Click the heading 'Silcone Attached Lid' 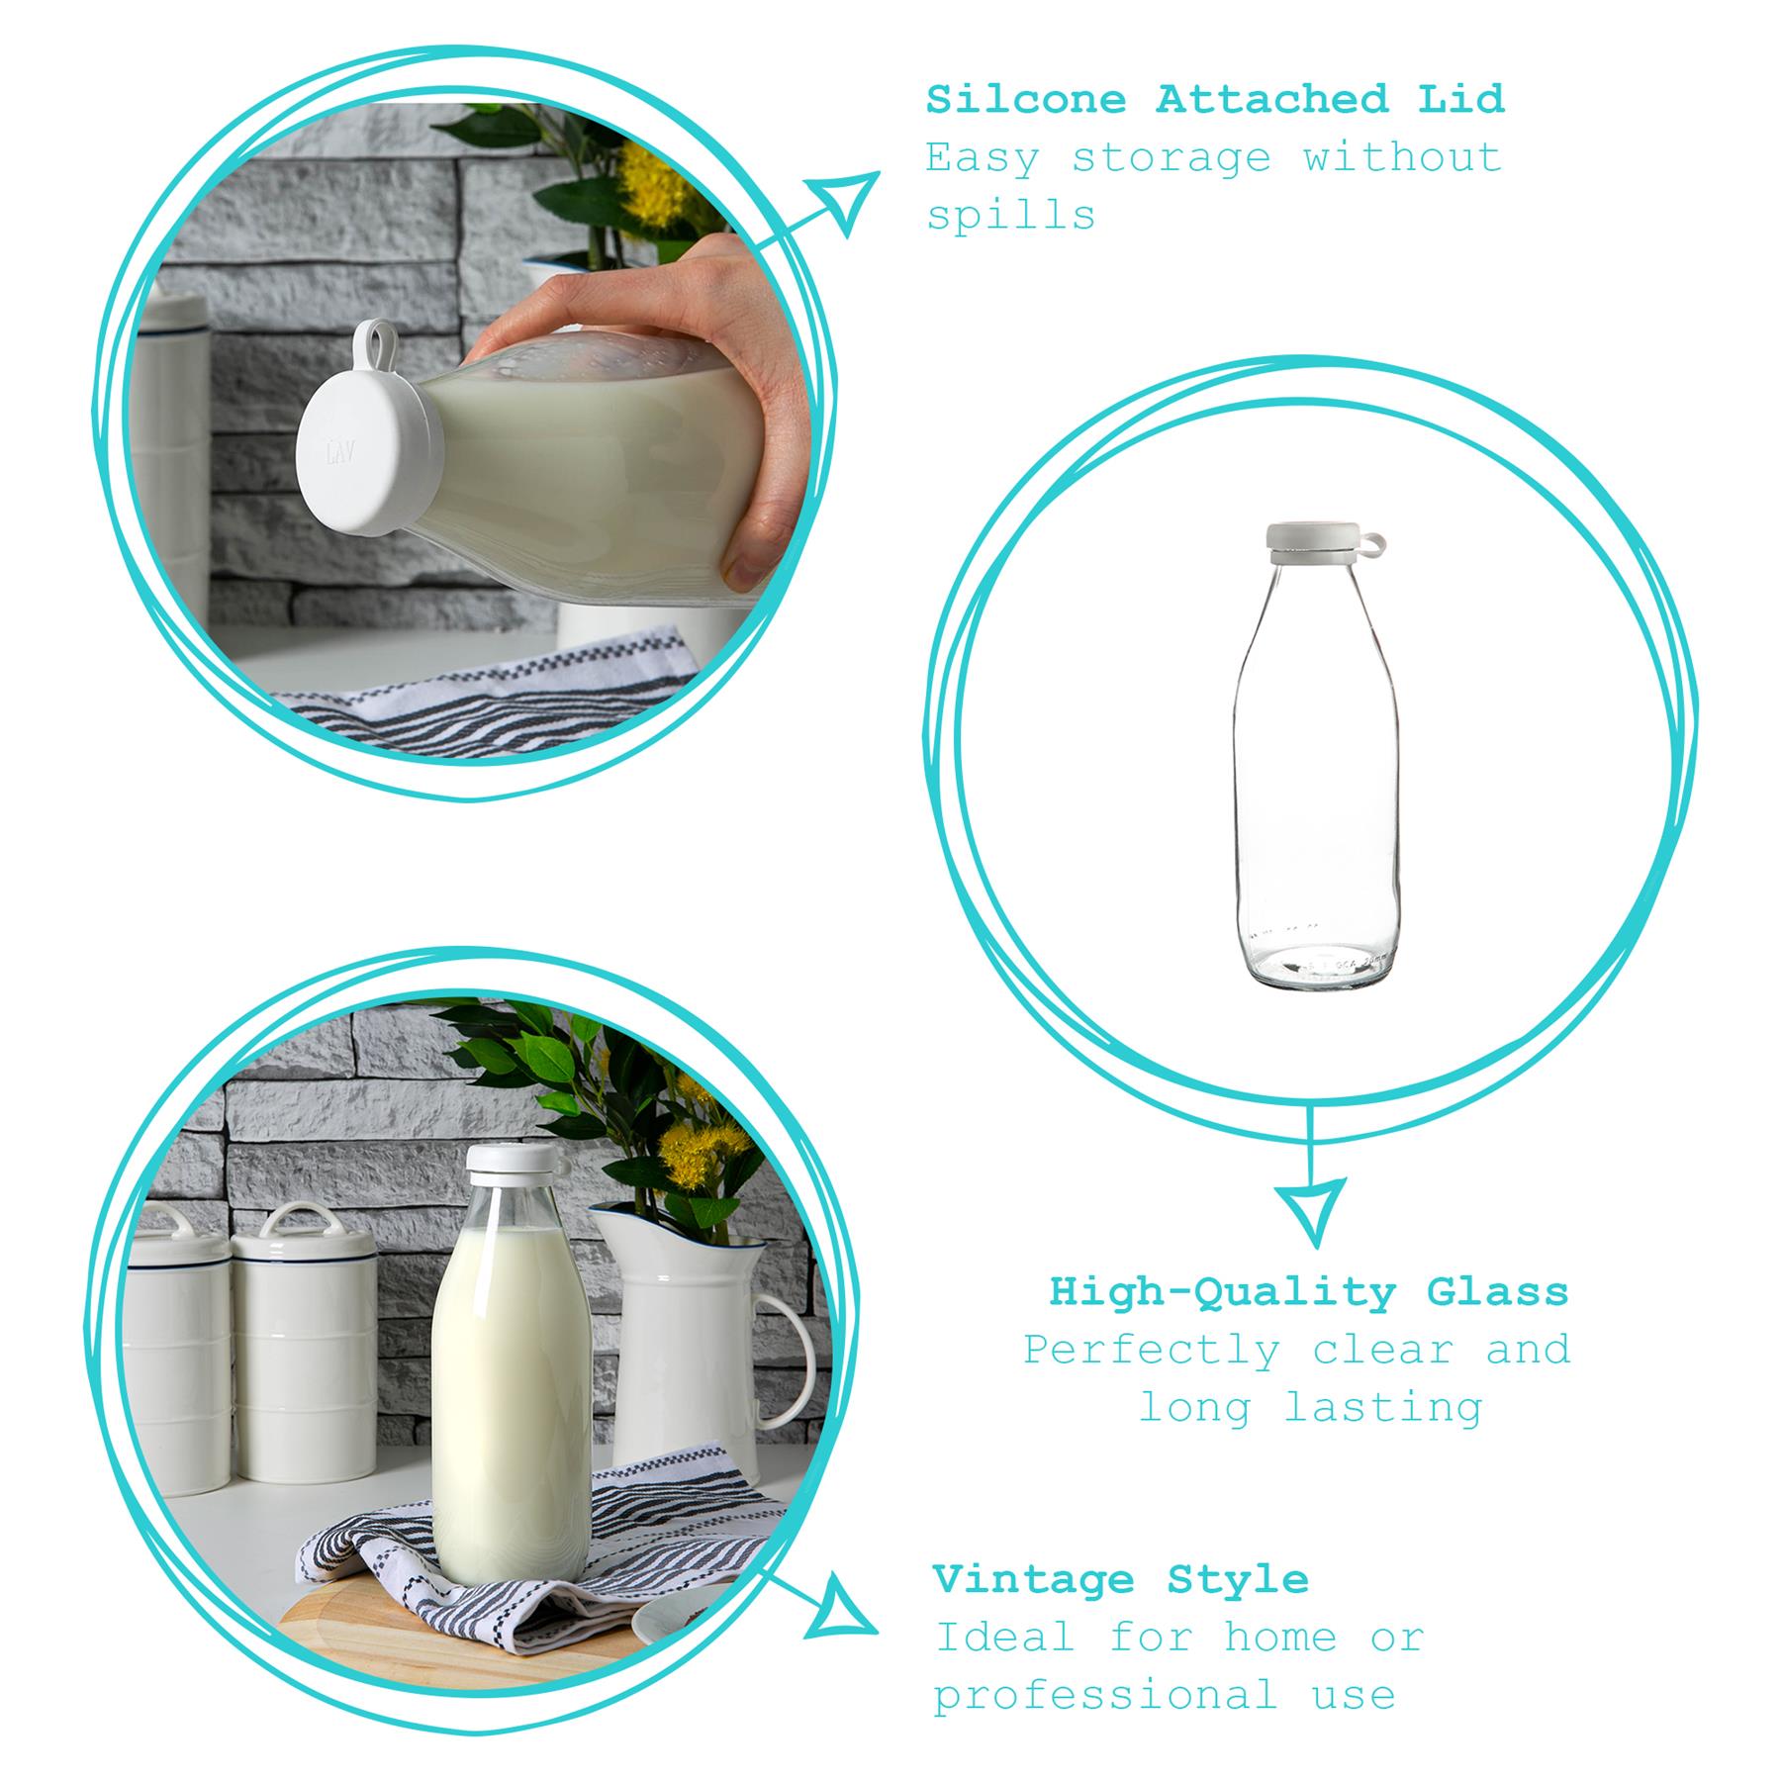pyautogui.click(x=1215, y=100)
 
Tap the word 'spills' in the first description pyautogui.click(x=1010, y=215)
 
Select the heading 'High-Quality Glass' pyautogui.click(x=1309, y=1292)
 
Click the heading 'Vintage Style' pyautogui.click(x=1120, y=1579)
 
